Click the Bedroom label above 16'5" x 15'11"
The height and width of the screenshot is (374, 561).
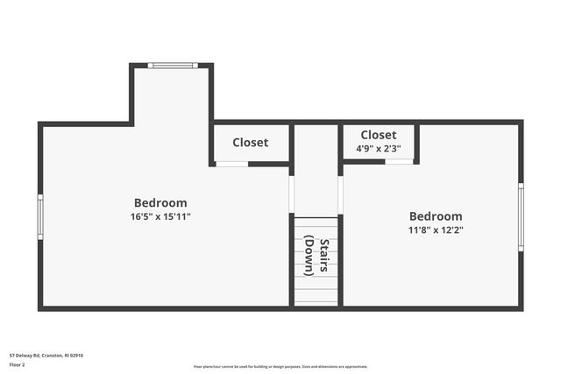click(x=160, y=203)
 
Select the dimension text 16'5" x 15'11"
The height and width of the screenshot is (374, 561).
click(x=160, y=216)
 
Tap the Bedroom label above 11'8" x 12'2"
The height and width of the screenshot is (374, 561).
click(x=436, y=216)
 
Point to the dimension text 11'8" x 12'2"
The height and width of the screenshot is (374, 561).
click(x=436, y=230)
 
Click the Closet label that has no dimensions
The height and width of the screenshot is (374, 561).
click(x=251, y=143)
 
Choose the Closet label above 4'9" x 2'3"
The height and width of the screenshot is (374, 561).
click(x=379, y=135)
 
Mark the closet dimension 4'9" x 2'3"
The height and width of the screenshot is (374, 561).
click(x=379, y=148)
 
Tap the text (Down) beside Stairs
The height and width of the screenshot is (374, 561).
click(x=309, y=255)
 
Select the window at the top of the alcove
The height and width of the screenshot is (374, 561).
click(x=172, y=65)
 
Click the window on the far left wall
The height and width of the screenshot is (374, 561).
click(x=39, y=216)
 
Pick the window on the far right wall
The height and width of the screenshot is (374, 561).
click(x=521, y=216)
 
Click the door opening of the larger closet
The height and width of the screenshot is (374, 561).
click(x=231, y=164)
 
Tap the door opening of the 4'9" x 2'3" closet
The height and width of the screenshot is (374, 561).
click(x=399, y=161)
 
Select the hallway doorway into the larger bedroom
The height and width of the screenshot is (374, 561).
click(x=291, y=194)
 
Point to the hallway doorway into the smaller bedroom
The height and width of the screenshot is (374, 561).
click(x=340, y=194)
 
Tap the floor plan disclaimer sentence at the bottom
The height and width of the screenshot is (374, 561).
click(x=280, y=367)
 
